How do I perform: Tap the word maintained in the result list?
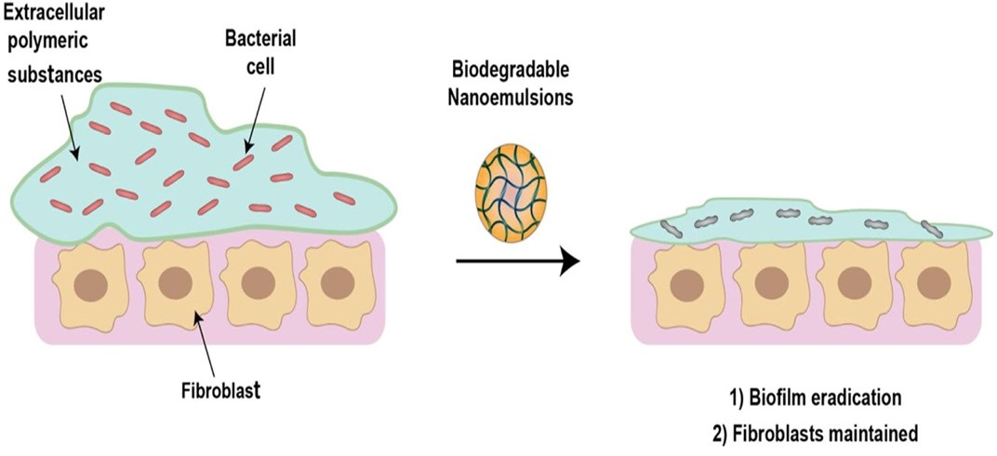[x=867, y=431]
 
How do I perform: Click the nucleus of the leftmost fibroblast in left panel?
[x=82, y=283]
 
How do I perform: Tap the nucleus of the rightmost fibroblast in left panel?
[x=333, y=283]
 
